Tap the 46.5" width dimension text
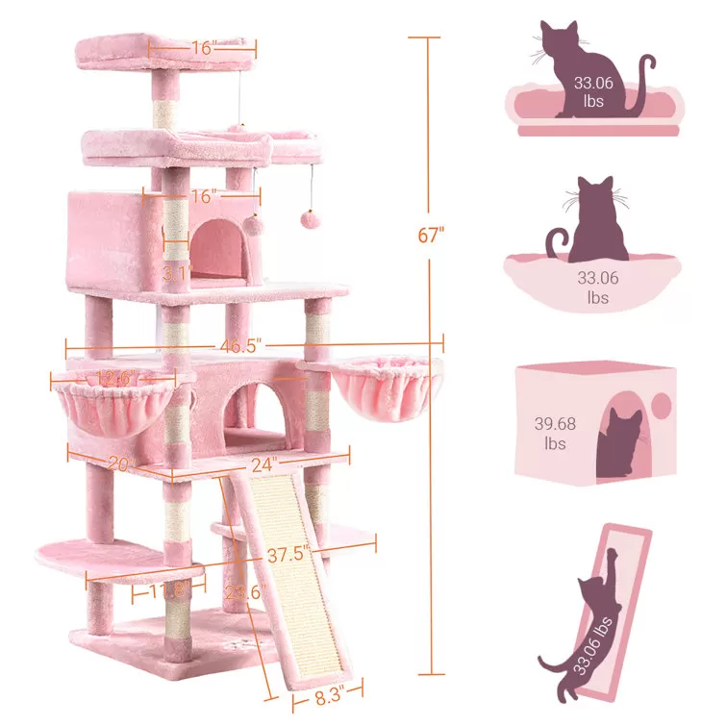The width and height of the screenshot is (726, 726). coord(240,345)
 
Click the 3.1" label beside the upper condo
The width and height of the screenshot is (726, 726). coord(175,273)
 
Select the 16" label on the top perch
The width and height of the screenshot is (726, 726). coord(203,45)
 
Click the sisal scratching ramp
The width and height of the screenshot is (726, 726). coord(288,577)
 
